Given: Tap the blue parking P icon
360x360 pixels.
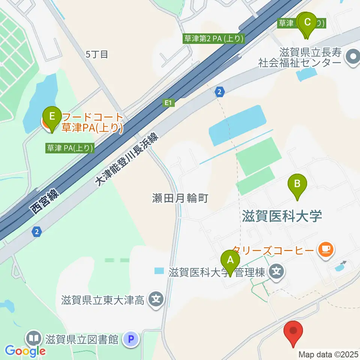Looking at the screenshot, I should (131, 340).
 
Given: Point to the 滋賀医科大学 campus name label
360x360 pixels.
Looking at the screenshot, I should (282, 216).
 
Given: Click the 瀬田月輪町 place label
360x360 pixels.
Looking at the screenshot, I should (180, 198).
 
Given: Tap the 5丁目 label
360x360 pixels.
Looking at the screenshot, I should (97, 54).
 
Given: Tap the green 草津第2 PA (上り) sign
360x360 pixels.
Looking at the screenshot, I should (214, 38).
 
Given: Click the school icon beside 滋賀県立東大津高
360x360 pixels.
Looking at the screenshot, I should (154, 299).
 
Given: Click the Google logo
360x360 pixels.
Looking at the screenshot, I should (25, 351).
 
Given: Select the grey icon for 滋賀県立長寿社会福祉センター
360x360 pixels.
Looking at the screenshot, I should (352, 58).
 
